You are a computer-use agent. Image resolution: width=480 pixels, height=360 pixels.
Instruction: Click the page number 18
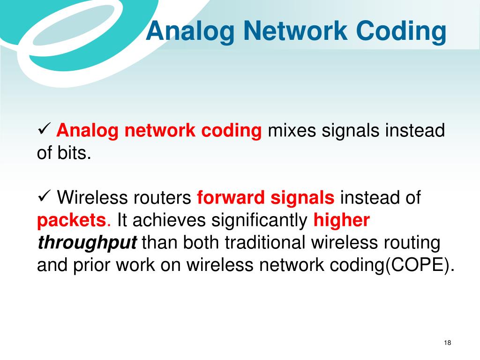point(447,343)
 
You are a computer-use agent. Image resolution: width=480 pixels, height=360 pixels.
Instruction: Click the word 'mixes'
point(292,130)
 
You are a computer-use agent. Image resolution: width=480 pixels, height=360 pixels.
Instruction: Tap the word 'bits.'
point(75,152)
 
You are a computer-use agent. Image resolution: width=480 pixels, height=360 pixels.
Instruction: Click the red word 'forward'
point(231,197)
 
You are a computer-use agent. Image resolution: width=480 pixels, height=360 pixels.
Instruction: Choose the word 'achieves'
point(169,220)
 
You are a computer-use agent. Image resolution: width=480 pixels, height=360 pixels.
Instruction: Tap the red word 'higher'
point(342,220)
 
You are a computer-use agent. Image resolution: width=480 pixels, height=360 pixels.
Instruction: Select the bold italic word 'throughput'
point(87,243)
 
